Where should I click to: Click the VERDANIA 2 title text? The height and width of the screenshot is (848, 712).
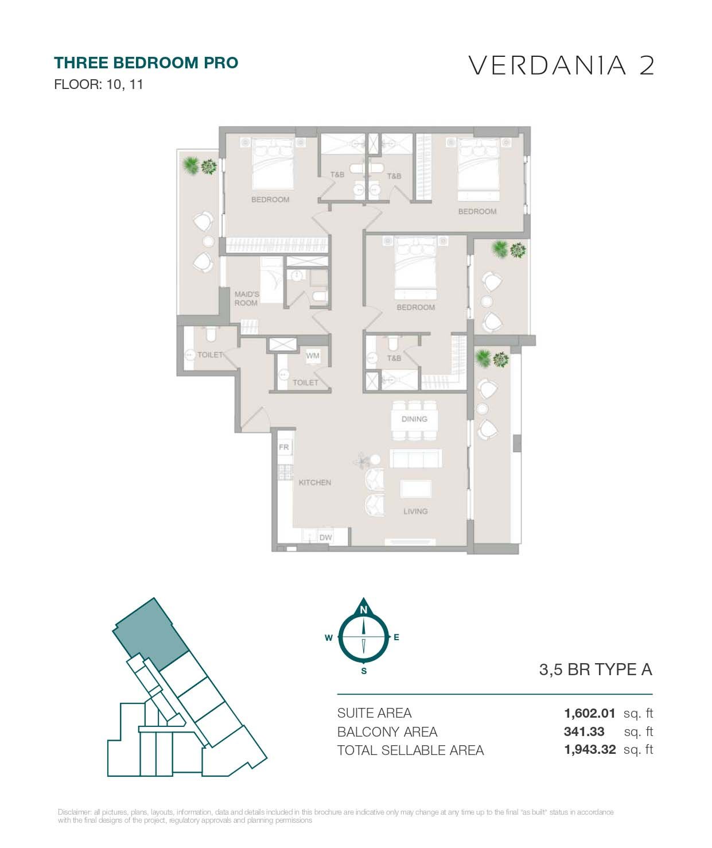tap(562, 65)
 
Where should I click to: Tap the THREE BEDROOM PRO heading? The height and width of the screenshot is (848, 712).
tap(146, 63)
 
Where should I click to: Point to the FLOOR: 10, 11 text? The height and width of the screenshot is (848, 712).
tap(99, 84)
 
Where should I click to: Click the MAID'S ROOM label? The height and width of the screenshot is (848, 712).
tap(247, 299)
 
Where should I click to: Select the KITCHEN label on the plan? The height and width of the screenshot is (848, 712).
tap(315, 482)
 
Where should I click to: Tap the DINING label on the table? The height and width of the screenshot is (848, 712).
tap(414, 419)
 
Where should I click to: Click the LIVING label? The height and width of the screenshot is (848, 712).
tap(416, 512)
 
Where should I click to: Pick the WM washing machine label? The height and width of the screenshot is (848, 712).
tap(313, 356)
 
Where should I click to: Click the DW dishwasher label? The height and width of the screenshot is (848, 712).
tap(325, 537)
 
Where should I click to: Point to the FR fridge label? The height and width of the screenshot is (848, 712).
tap(284, 447)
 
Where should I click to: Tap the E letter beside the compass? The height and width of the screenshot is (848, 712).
tap(396, 637)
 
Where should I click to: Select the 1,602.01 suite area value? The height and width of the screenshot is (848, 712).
tap(589, 713)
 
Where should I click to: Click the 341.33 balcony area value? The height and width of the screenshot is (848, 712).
tap(584, 731)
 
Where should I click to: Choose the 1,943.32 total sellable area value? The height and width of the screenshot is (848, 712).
tap(590, 749)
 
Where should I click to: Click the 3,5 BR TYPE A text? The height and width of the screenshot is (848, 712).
tap(596, 669)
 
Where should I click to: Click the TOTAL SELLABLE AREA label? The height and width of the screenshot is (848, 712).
tap(410, 750)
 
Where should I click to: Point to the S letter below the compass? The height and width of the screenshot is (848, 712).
tap(364, 671)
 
